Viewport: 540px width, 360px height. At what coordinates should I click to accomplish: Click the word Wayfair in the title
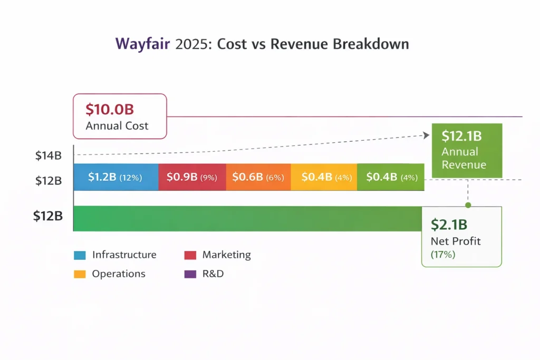point(142,44)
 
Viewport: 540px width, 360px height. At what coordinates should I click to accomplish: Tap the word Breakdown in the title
point(371,44)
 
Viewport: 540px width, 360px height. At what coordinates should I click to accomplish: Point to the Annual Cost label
point(117,126)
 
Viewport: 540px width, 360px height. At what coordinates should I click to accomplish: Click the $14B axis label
point(49,155)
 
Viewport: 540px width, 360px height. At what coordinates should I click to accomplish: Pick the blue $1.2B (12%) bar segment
point(115,177)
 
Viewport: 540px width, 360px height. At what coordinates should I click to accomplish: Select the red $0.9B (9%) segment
point(192,177)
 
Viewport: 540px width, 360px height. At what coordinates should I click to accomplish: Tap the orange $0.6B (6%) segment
point(258,177)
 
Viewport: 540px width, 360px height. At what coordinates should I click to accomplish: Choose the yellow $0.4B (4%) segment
point(324,177)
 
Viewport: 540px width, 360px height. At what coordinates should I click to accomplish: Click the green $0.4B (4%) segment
point(391,177)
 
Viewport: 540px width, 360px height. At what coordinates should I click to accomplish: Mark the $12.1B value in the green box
point(461,136)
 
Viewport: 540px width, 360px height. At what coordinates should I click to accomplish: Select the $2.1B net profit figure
point(449,225)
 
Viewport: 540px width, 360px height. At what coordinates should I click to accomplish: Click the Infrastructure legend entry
point(124,255)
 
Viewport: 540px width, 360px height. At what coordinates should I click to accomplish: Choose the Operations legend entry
point(118,274)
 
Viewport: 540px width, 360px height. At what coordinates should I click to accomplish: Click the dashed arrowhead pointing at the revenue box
point(426,135)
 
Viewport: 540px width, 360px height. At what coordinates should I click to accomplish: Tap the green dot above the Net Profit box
point(468,205)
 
